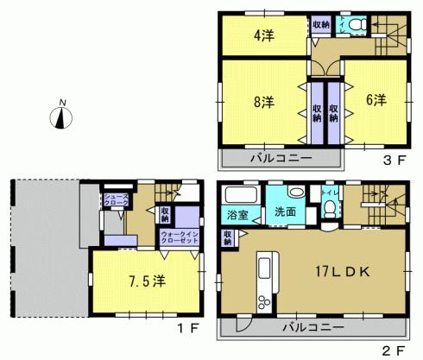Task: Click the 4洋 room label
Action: point(263,36)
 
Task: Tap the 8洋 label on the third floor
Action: point(263,101)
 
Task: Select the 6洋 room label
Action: point(376,99)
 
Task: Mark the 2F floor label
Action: point(394,350)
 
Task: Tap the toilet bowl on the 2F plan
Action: point(330,208)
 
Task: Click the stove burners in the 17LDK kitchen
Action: point(263,301)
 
